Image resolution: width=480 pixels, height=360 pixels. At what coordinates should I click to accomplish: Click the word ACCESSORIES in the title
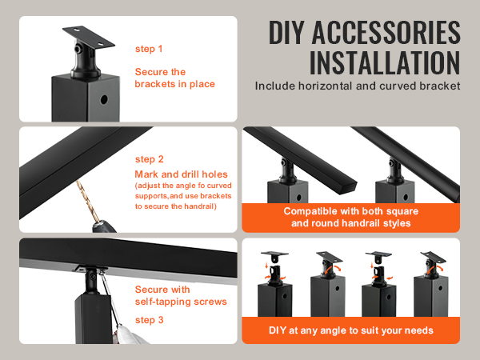[386, 32]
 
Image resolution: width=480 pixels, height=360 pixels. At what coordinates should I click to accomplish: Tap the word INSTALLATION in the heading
[385, 62]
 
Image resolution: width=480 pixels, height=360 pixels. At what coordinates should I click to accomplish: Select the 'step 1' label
[149, 49]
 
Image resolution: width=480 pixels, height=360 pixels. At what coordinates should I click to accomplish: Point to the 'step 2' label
[150, 159]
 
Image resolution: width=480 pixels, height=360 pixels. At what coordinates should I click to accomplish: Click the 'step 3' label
[150, 320]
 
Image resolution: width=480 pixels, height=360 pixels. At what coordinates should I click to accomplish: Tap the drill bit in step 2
[89, 201]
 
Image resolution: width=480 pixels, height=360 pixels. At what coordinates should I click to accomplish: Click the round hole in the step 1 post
[104, 99]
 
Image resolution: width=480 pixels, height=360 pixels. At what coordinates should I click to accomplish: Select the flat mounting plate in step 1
[89, 38]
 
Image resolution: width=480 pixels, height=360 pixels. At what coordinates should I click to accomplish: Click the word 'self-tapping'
[163, 302]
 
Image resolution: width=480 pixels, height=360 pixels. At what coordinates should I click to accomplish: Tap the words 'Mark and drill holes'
[182, 174]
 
